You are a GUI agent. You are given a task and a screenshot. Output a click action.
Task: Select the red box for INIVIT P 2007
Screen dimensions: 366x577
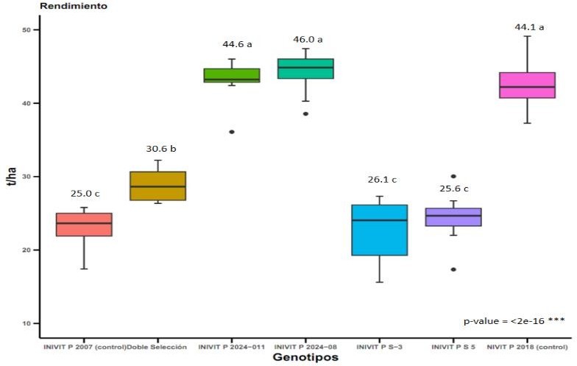tap(84, 225)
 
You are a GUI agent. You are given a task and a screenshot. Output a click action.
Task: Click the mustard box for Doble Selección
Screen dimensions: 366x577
tap(157, 186)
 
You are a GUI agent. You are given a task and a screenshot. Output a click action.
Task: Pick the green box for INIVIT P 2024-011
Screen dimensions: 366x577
tap(232, 75)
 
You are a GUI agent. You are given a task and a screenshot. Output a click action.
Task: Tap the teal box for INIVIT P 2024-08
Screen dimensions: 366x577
tap(305, 68)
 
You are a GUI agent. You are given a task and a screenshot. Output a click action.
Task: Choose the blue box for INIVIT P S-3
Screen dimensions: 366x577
tap(380, 230)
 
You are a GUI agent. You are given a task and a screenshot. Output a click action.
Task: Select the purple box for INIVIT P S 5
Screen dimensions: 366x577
tap(453, 217)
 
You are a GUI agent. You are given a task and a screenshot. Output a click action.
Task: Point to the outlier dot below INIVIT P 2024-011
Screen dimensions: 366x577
tap(232, 132)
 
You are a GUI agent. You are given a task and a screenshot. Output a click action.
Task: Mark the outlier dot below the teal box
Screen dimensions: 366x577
tap(305, 114)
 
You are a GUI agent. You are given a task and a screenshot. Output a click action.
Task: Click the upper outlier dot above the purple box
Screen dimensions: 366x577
tap(453, 177)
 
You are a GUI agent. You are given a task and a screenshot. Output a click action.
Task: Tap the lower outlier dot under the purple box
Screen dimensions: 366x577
tap(453, 270)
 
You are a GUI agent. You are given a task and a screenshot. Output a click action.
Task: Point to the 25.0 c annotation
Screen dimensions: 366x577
tap(84, 194)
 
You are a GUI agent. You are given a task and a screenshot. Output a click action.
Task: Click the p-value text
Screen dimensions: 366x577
tap(514, 321)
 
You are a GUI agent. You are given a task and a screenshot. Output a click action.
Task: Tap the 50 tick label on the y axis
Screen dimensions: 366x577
tap(26, 30)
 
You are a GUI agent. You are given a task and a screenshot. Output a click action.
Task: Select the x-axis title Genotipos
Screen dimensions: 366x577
tap(305, 358)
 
